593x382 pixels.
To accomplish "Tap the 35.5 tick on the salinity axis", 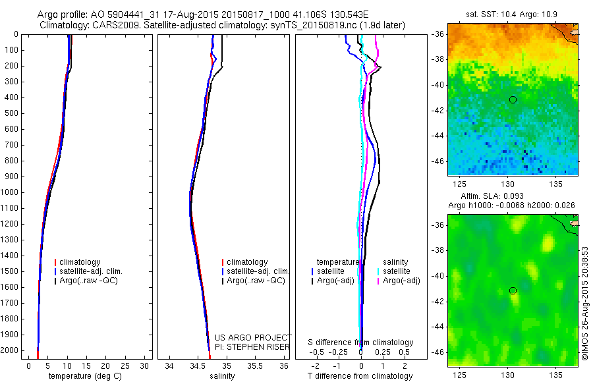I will [255, 366].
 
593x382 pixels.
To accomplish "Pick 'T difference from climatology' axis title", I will [360, 376].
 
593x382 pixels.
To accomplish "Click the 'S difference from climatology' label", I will [360, 342].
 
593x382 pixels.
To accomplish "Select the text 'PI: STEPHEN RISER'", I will [253, 346].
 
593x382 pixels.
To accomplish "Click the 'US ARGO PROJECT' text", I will [253, 337].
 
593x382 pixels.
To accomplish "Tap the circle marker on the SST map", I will [513, 99].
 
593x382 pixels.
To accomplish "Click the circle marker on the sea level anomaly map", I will [513, 290].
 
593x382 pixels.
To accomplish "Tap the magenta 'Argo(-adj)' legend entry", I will [401, 281].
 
